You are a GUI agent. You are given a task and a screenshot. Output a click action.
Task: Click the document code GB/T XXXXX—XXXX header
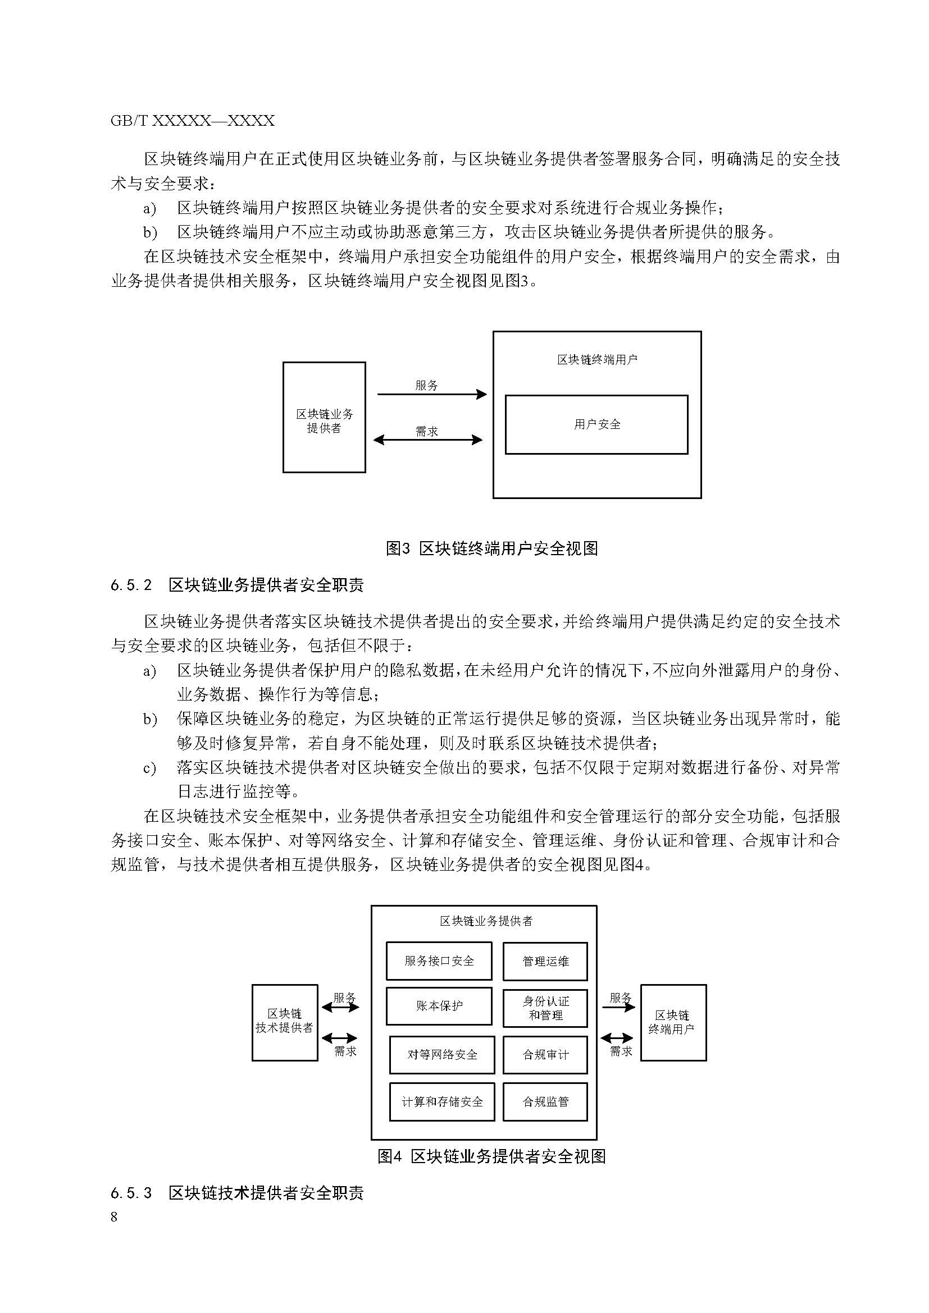(192, 121)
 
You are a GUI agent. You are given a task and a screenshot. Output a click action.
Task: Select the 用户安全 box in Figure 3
(596, 424)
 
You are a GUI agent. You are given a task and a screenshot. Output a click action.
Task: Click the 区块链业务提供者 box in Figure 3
(324, 417)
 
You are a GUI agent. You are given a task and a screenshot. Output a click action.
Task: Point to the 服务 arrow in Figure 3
(432, 394)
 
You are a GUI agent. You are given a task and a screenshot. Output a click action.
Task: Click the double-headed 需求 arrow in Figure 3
(428, 440)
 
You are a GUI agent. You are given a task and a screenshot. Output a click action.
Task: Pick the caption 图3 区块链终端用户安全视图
(491, 548)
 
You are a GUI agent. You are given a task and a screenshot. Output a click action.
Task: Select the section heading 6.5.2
(237, 585)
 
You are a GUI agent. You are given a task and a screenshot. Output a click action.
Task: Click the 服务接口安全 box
(439, 960)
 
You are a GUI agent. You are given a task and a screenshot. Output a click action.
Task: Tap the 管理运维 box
(545, 961)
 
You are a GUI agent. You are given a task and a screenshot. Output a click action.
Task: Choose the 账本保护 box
(439, 1005)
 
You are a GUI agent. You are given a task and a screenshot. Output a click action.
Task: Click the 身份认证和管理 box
(545, 1008)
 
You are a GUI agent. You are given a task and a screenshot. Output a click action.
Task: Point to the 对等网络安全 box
(441, 1055)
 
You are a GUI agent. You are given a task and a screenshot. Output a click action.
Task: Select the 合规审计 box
(545, 1055)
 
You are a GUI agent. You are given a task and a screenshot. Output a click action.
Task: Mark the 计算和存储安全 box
(441, 1101)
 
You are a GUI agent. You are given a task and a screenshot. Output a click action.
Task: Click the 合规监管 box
(545, 1101)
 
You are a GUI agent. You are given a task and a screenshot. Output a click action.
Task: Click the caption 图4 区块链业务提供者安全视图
(491, 1156)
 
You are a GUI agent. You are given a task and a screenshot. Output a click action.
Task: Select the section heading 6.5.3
(237, 1193)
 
